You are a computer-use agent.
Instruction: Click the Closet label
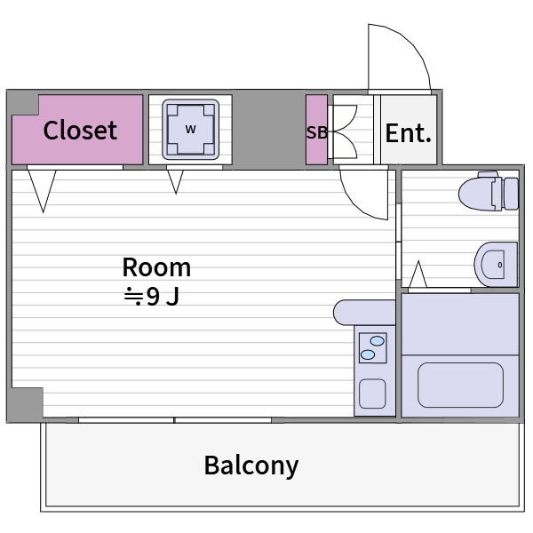80,131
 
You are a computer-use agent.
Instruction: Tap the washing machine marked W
191,130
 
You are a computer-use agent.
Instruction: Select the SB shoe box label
317,132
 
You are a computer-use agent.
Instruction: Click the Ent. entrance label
409,133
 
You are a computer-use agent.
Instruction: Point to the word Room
156,267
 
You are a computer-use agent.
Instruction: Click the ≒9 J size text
152,296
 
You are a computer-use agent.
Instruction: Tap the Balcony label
251,465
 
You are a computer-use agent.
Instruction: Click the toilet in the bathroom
489,191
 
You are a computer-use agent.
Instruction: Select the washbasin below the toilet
496,265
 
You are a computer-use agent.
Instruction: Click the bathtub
460,386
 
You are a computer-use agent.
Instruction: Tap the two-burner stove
373,347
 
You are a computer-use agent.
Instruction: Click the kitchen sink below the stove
372,394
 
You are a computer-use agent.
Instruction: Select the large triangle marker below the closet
42,191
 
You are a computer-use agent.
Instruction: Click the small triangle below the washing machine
175,182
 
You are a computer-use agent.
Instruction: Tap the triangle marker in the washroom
418,274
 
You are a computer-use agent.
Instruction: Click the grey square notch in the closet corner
23,104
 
